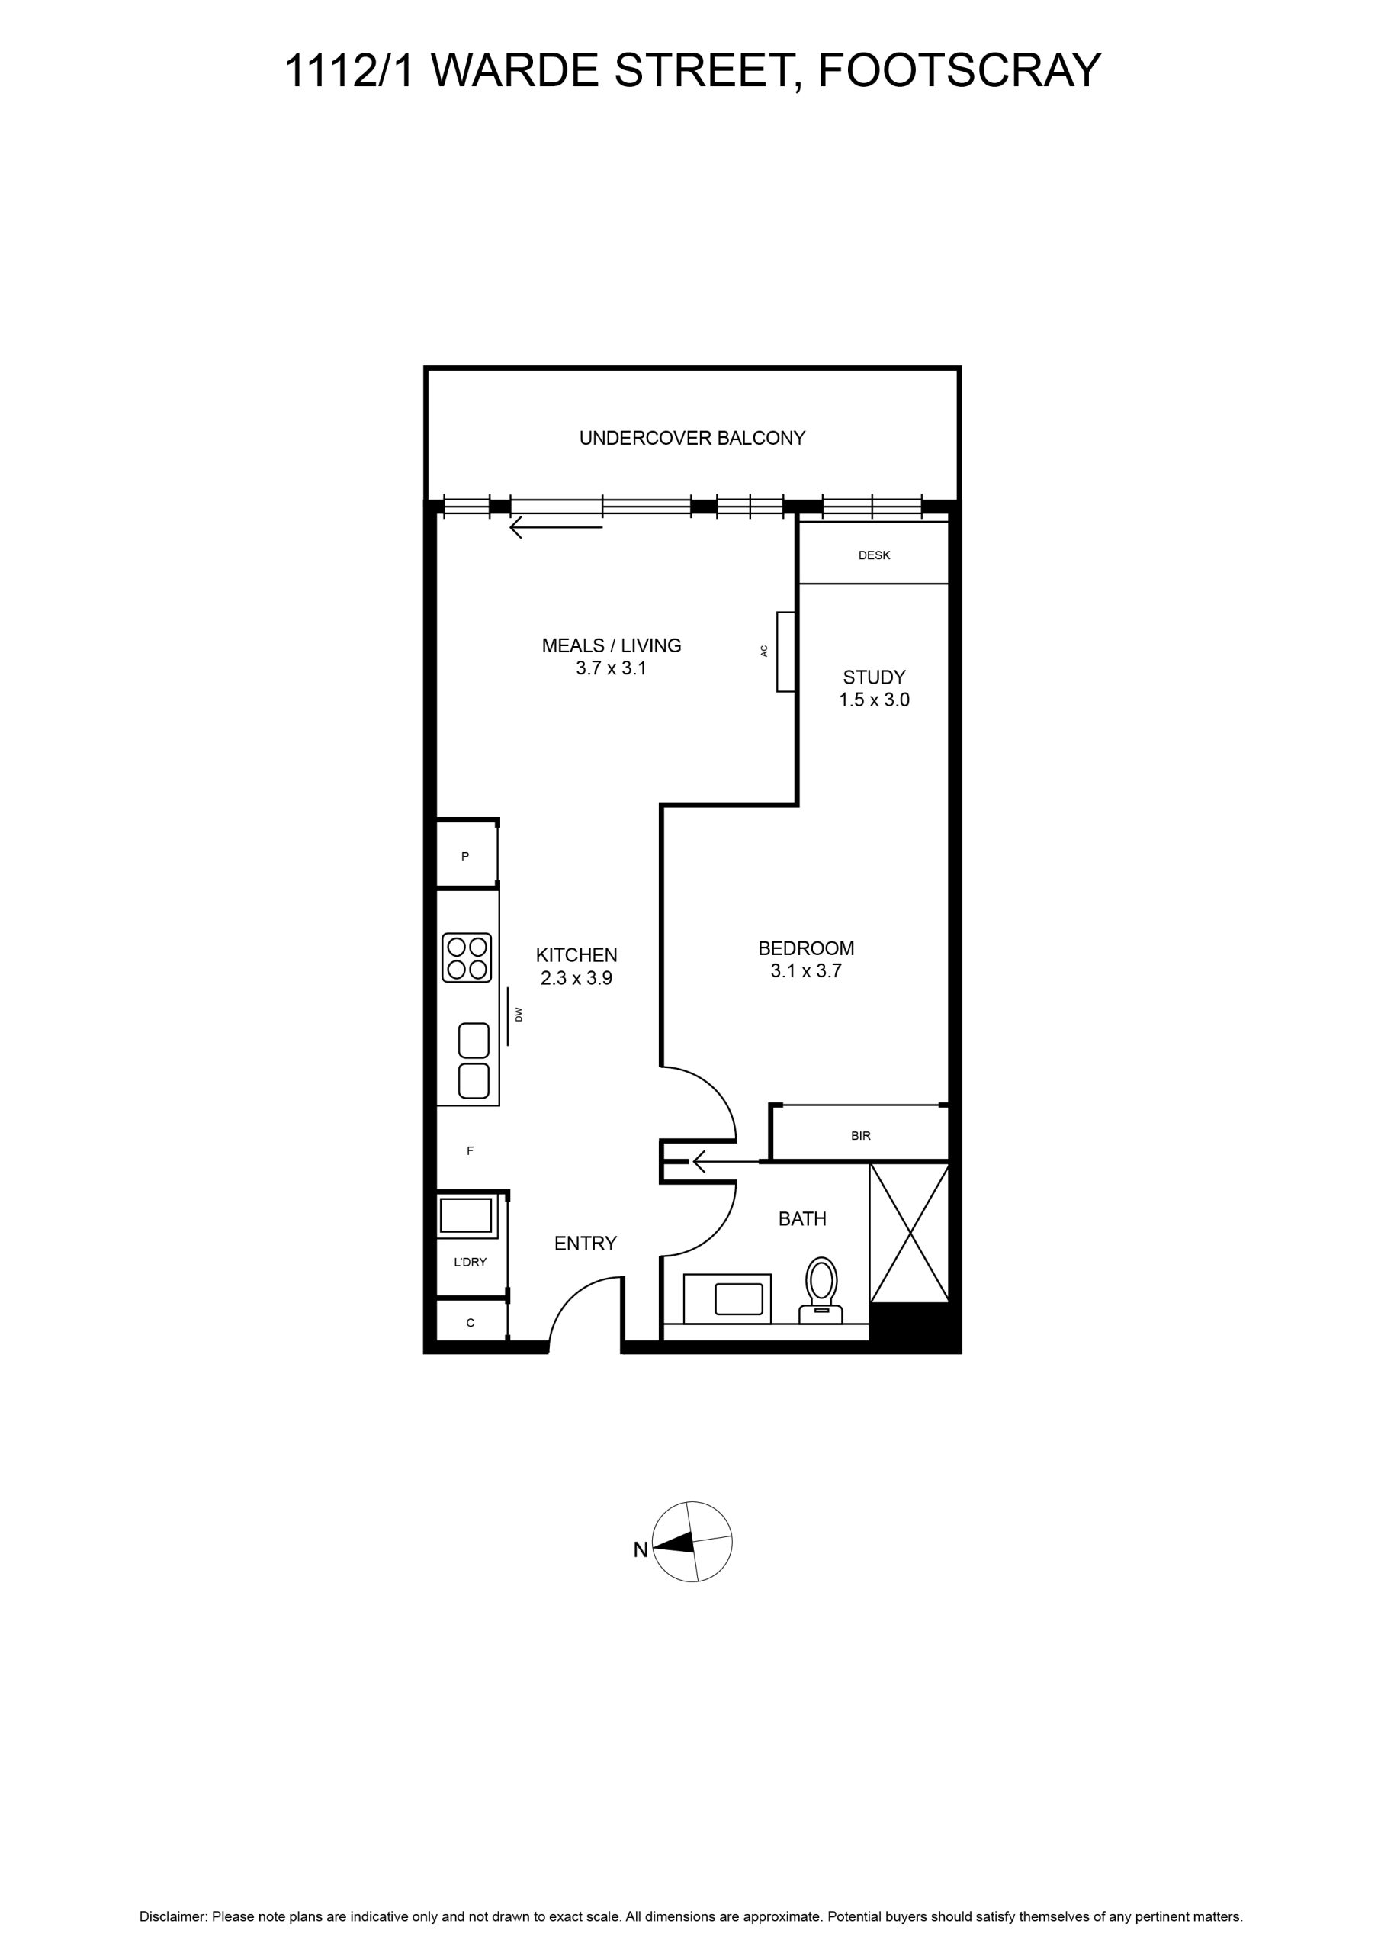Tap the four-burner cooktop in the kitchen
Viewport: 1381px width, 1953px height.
point(467,957)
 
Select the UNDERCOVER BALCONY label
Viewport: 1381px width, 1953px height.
point(692,438)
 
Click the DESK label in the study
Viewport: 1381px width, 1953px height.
point(874,555)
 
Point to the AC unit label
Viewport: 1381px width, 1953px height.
point(763,651)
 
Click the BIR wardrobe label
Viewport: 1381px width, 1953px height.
point(861,1136)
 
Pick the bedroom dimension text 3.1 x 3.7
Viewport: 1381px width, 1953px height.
point(806,970)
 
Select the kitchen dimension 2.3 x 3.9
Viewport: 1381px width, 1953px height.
point(576,978)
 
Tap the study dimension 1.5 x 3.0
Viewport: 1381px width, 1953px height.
point(874,700)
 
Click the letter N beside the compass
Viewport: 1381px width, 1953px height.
point(641,1549)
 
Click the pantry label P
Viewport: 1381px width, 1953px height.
point(465,857)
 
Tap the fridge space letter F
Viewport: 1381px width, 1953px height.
point(471,1151)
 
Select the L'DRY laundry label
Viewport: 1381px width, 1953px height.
point(471,1263)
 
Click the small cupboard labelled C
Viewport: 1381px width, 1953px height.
point(471,1323)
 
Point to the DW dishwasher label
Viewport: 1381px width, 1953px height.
point(518,1014)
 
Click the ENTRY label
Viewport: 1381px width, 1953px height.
point(585,1244)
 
